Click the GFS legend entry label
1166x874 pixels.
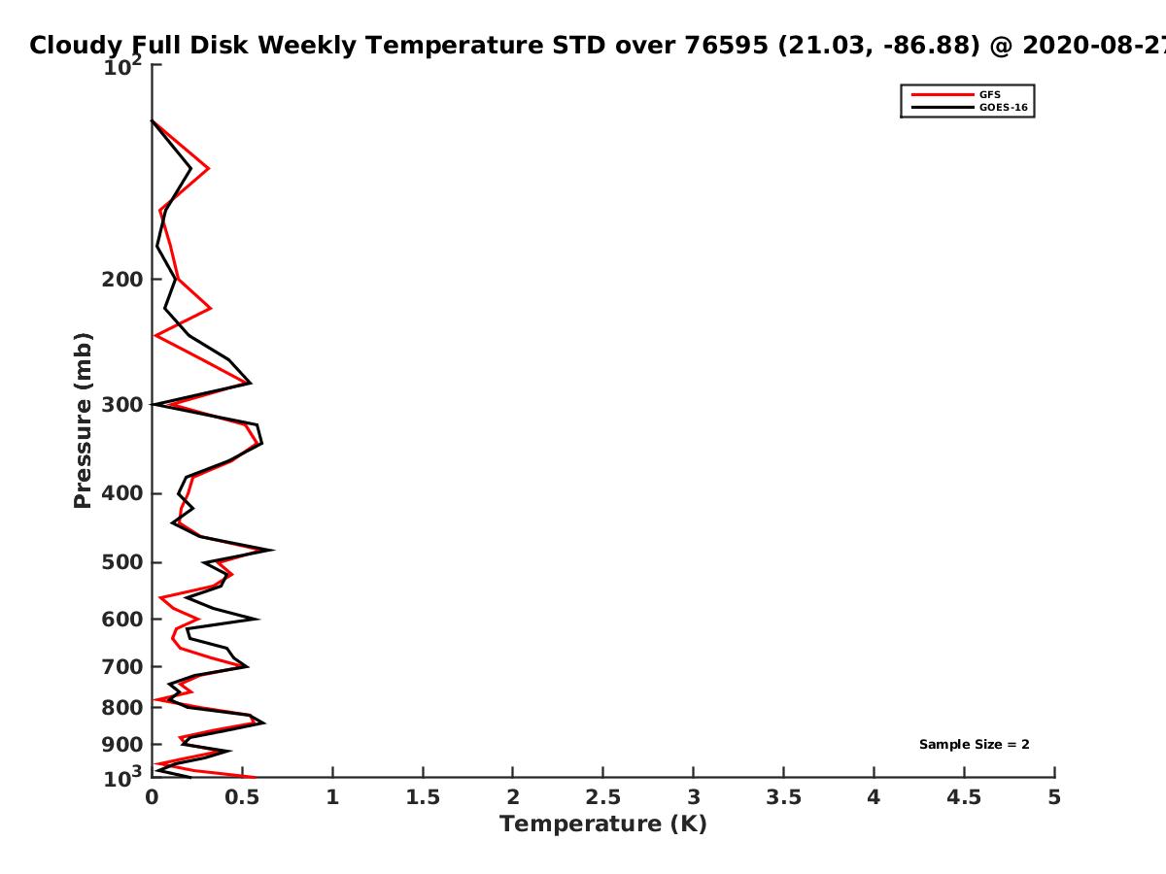[x=989, y=94]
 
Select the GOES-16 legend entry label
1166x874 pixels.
[x=1003, y=107]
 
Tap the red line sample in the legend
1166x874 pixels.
[x=942, y=94]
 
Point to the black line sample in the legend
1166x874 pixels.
[x=942, y=107]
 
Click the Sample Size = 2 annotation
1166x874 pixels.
[x=974, y=744]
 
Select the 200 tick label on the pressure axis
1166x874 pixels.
[x=122, y=279]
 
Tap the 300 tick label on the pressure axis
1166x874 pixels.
[x=122, y=405]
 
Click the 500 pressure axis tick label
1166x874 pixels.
[x=122, y=562]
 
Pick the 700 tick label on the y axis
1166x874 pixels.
[x=122, y=666]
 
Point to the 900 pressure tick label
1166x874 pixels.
[x=122, y=745]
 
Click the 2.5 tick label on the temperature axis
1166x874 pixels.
[x=603, y=797]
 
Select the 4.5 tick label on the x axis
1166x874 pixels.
[x=964, y=797]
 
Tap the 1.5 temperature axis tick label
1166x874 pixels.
[x=423, y=797]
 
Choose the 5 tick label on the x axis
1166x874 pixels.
[x=1054, y=797]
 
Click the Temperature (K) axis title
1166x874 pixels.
[x=603, y=824]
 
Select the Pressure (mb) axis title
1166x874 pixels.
[x=83, y=420]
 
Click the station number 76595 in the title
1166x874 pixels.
[x=726, y=45]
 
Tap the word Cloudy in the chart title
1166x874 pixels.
[x=76, y=47]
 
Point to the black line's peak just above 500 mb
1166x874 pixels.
[x=273, y=550]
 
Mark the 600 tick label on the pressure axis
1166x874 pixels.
[x=122, y=619]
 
